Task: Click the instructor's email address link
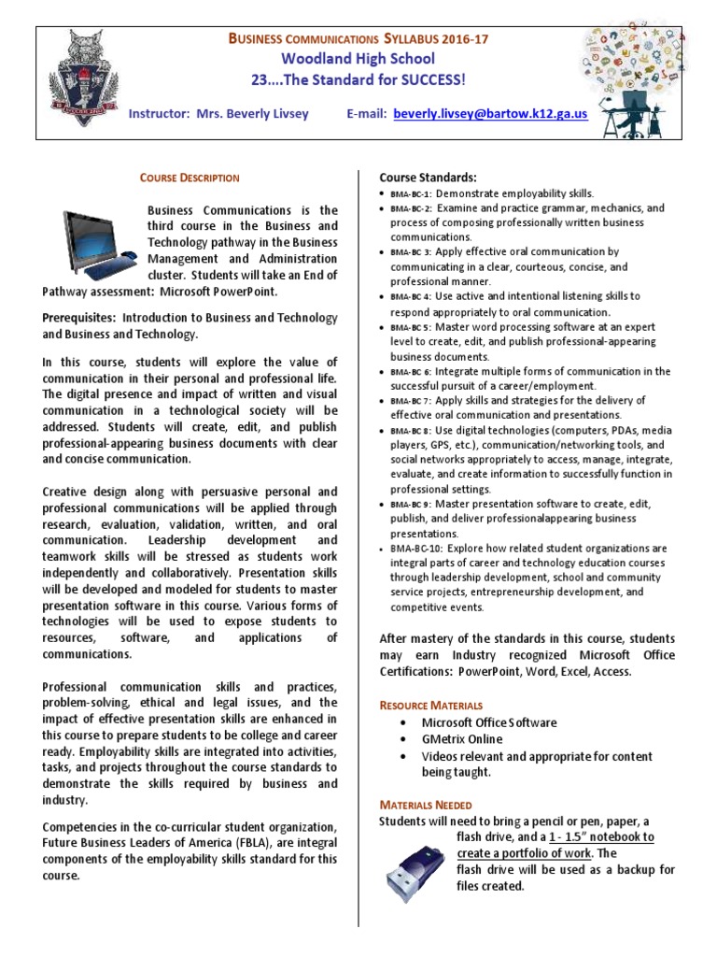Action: (490, 113)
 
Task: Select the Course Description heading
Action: (190, 178)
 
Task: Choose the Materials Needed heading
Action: (425, 805)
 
